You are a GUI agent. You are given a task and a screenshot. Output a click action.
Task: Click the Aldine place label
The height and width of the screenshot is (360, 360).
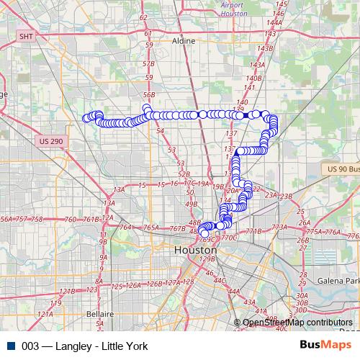pos(184,41)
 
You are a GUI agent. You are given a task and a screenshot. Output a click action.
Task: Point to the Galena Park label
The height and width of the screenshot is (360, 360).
pos(341,280)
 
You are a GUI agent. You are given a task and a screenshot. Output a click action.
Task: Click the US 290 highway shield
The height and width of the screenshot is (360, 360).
pos(51,140)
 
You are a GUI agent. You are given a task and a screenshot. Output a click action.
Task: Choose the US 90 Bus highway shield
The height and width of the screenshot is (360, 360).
pos(341,168)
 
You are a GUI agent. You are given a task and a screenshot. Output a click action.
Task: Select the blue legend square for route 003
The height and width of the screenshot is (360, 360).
pos(9,346)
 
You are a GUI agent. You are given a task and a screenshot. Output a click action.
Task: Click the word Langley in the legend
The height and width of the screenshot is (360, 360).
pos(76,346)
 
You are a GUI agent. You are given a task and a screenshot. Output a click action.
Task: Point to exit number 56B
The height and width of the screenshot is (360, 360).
pos(149,94)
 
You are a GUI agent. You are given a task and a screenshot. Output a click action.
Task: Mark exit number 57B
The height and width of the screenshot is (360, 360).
pos(149,63)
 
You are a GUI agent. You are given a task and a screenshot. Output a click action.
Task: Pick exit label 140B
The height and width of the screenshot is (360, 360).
pos(253,78)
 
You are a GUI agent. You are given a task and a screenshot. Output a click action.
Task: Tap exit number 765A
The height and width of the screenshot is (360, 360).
pos(150,228)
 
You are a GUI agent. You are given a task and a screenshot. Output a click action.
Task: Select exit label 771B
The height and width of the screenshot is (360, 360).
pos(253,231)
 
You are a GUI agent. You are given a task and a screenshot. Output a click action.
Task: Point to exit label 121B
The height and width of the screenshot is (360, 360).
pos(66,291)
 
